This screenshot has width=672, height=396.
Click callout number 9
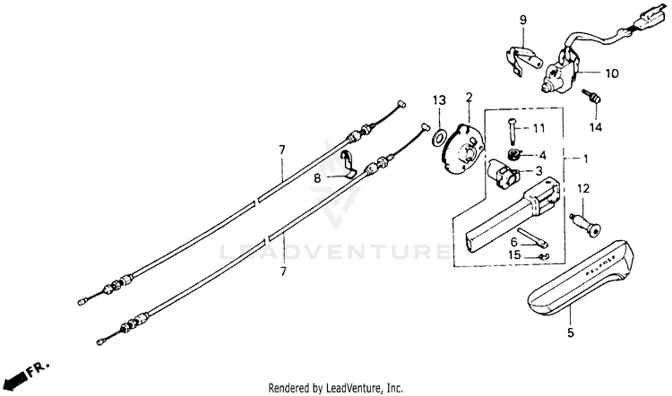pos(523,19)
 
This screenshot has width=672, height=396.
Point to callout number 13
pos(439,99)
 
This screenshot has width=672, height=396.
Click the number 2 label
pos(468,97)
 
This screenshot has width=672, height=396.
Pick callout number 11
pos(538,128)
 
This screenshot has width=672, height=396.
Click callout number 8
pos(316,178)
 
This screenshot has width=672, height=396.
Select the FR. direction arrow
pos(25,372)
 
